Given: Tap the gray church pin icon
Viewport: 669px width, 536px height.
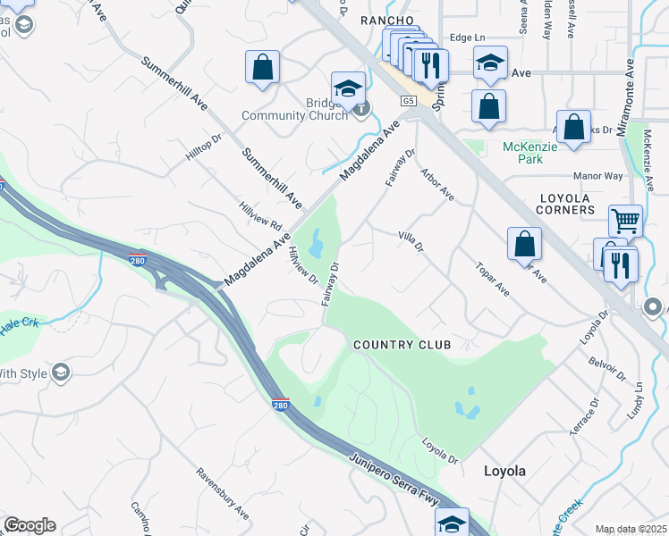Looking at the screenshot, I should (360, 109).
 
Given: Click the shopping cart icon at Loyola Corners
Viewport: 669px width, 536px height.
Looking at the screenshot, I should (625, 220).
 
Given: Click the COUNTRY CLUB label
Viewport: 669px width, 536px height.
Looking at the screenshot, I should (401, 345).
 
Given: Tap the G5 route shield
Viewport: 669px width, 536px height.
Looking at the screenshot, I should (409, 102).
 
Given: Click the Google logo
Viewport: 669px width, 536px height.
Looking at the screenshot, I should (30, 525).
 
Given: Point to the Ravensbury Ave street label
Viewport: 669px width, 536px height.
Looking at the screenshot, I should (223, 493).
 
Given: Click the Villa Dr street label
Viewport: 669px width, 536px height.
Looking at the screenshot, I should (410, 241).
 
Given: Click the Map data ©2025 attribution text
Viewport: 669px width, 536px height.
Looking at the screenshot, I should (631, 529).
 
